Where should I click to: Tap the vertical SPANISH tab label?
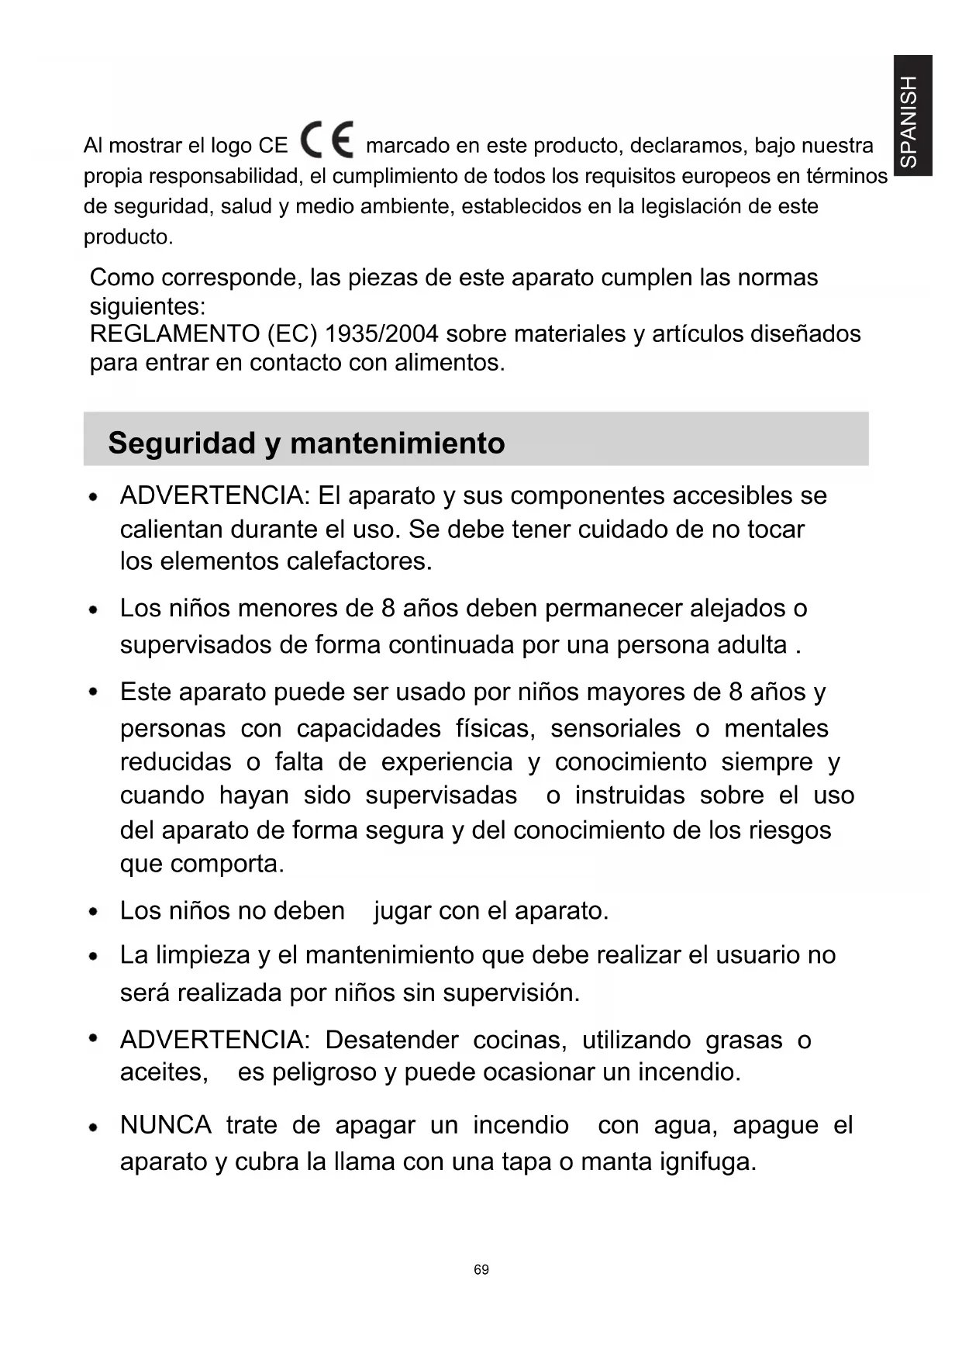pos(912,116)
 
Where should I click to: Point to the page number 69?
pos(481,1269)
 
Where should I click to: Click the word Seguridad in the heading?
pos(181,444)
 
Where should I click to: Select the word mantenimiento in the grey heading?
pos(397,444)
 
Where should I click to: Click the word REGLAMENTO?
pos(174,334)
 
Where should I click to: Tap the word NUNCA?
pos(165,1125)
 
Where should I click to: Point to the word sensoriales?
pos(615,729)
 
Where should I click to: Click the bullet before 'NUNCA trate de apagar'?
pos(93,1127)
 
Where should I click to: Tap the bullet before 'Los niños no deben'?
pos(93,913)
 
